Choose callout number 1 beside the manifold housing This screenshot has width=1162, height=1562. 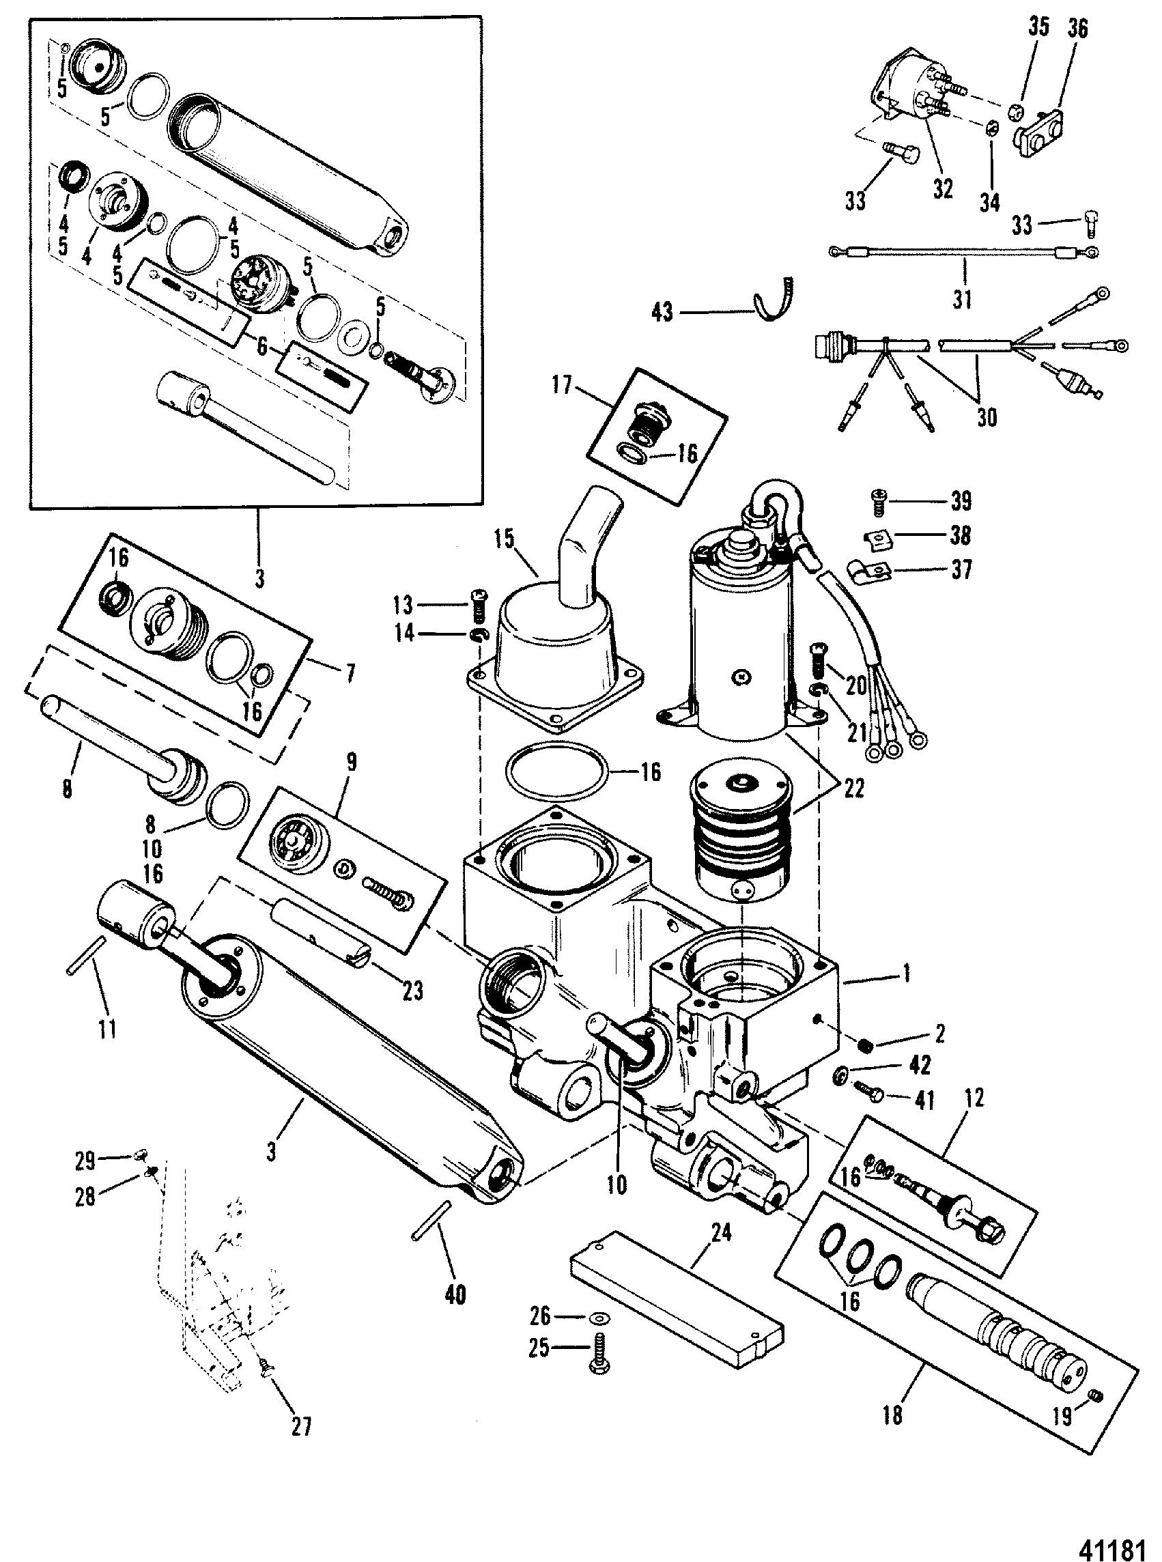pos(907,973)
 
